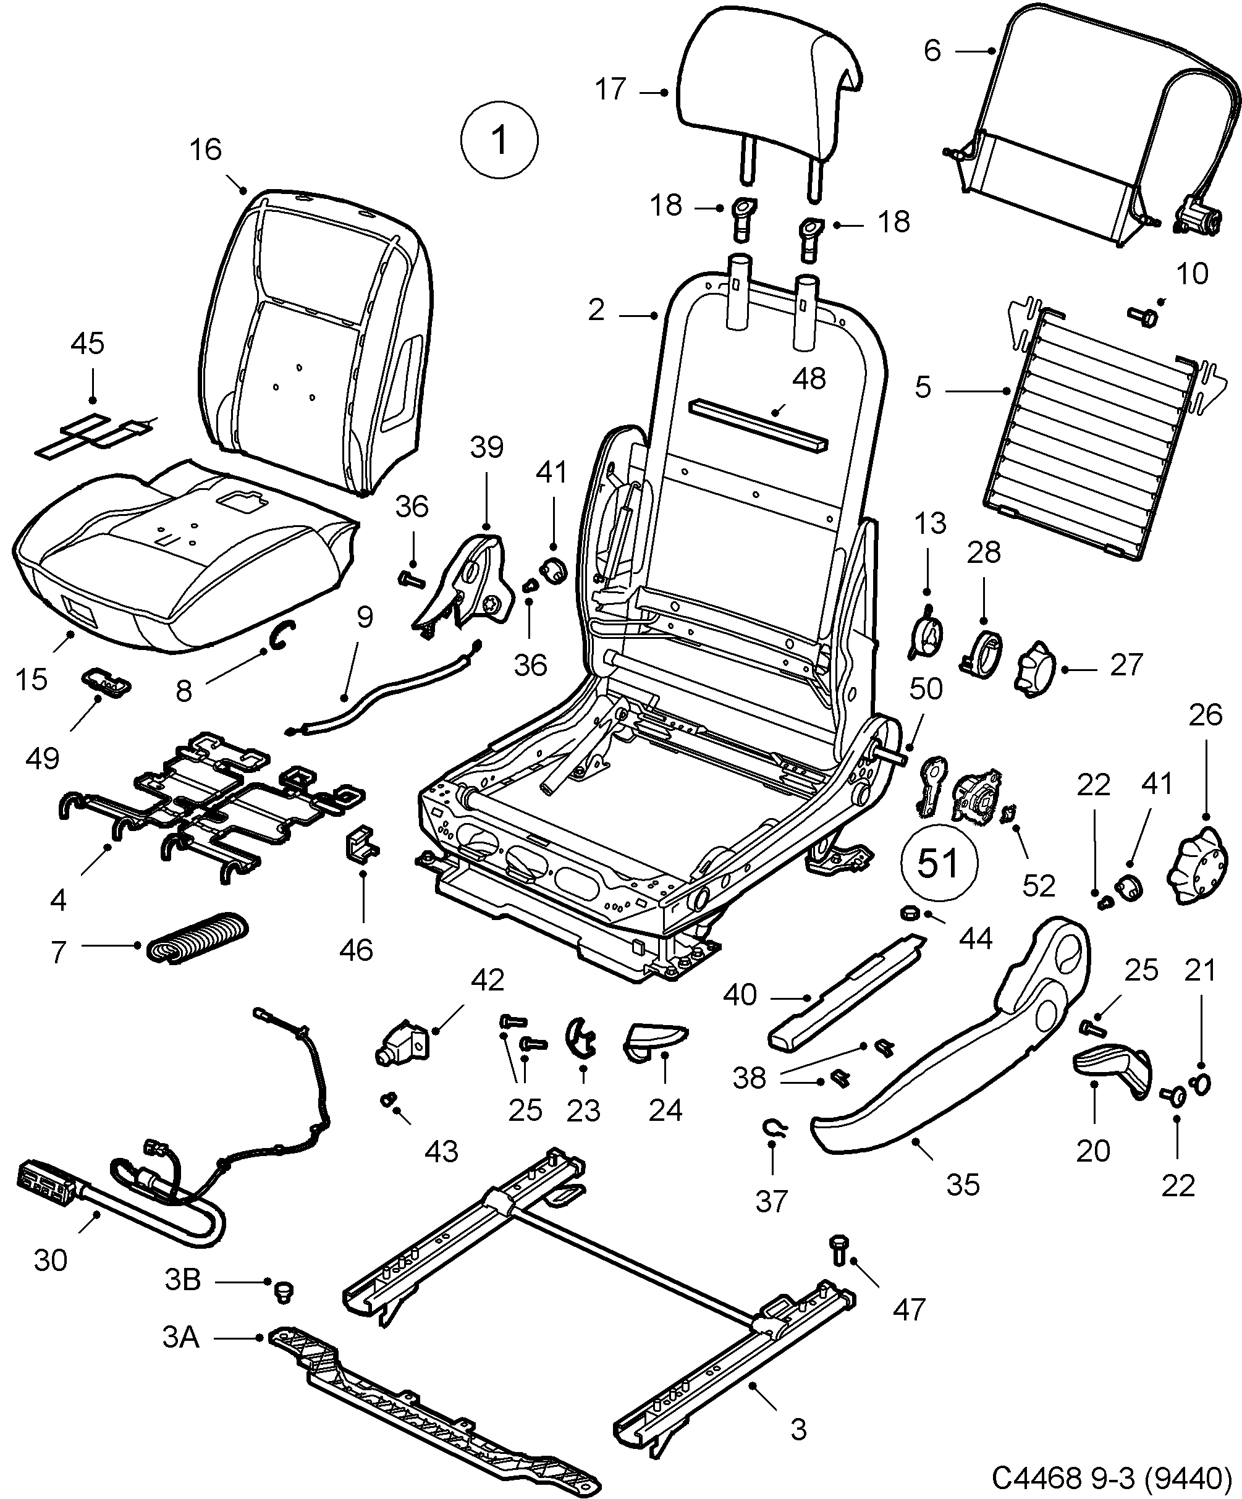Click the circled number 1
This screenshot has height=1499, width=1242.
pos(499,140)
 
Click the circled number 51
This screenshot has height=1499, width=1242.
pos(938,863)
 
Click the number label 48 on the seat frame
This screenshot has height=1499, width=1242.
pos(808,379)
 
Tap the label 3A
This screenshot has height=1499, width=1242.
pos(180,1337)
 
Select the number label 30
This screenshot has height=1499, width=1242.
pos(50,1260)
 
